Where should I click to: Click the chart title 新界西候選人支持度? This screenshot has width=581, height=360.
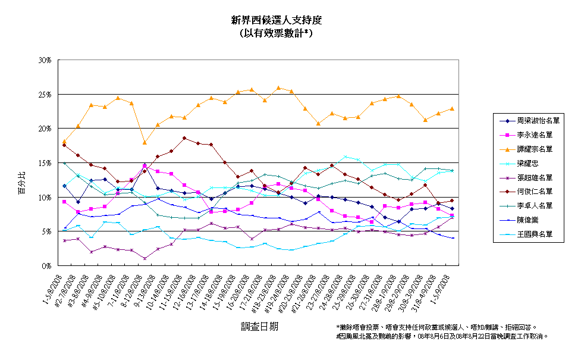pos(277,20)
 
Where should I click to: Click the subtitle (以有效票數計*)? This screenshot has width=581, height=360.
pos(277,33)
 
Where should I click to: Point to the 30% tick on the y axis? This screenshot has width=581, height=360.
pos(45,60)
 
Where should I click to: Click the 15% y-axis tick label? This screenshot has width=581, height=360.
pos(45,163)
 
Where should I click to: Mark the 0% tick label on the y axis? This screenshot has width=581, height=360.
pos(47,265)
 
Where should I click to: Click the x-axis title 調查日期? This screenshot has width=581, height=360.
pos(259,326)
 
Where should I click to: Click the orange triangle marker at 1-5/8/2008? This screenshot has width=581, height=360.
pos(64,141)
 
